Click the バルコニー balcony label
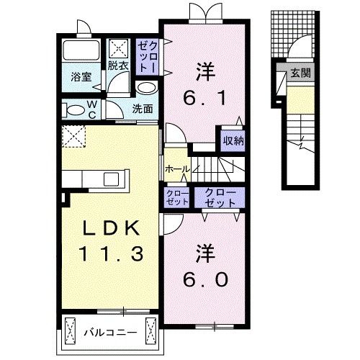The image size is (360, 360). click(x=110, y=332)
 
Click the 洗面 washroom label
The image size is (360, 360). click(x=143, y=109)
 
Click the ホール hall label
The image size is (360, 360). click(x=177, y=168)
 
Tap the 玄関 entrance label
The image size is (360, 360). click(x=300, y=73)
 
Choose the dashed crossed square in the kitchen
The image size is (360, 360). click(x=74, y=135)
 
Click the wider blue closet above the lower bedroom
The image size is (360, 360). click(x=220, y=197)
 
